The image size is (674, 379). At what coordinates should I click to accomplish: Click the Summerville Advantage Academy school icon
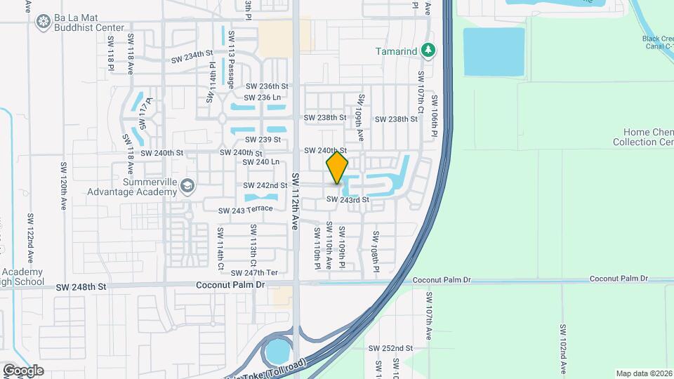187,186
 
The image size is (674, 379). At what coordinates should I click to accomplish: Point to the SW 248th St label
81,286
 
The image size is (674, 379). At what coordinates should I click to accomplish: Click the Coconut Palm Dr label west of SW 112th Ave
230,285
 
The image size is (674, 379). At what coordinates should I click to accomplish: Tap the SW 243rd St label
348,200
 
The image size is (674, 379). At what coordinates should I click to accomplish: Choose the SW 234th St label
192,56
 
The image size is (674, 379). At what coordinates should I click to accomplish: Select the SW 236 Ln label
263,98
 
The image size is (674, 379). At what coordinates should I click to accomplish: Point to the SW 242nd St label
265,185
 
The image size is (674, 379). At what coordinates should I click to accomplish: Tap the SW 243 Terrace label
245,210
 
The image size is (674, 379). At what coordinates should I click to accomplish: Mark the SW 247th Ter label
255,272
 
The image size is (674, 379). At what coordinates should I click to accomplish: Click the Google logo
23,370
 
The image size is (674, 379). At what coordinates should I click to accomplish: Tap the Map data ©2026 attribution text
643,373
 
